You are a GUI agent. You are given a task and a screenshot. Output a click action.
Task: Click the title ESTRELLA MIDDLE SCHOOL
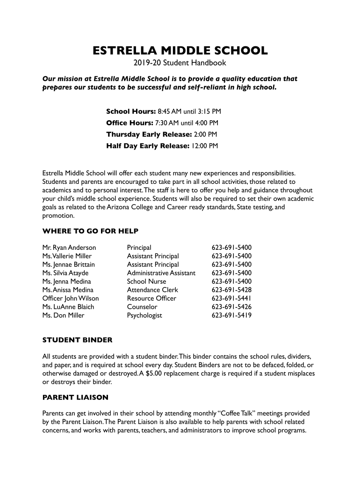[180, 51]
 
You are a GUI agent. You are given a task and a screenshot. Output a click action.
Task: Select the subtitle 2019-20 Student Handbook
[180, 63]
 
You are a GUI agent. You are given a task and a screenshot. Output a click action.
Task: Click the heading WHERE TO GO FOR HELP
[90, 231]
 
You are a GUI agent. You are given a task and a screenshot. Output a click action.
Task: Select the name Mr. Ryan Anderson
[69, 247]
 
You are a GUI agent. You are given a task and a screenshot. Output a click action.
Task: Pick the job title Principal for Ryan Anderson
[139, 247]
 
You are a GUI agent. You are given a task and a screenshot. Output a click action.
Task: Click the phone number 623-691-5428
[231, 290]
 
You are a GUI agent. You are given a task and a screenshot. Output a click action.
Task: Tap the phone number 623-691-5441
[231, 298]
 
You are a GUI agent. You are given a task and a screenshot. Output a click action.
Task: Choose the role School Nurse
[146, 282]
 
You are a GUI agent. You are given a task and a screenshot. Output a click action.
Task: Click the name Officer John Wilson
[71, 298]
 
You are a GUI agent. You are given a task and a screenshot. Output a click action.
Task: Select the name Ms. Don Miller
[63, 315]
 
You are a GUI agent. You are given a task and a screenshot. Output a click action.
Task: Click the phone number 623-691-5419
[231, 315]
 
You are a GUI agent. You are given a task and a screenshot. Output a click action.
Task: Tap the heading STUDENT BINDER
[77, 340]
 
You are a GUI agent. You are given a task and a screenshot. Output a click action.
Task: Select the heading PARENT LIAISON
[75, 398]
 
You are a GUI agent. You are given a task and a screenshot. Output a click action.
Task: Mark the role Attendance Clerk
[152, 290]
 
